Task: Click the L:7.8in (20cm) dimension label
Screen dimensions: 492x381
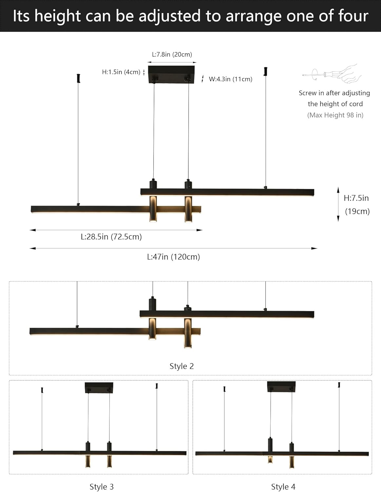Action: point(172,54)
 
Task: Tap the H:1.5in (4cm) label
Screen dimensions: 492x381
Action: point(121,72)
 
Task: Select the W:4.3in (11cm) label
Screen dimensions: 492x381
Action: point(230,79)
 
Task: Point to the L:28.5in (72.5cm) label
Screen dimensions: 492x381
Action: point(111,237)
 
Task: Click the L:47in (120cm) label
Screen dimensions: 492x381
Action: point(173,257)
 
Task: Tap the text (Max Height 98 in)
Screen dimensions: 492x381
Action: point(335,115)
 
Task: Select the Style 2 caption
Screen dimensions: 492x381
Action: point(181,366)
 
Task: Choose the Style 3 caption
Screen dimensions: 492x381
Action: point(102,487)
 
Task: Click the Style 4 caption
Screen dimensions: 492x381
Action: point(283,487)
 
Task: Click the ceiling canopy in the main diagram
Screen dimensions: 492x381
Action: point(171,74)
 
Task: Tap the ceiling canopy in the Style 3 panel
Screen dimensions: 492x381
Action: point(99,387)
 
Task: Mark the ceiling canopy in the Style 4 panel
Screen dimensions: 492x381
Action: point(281,386)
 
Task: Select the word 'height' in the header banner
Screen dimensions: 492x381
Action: point(57,16)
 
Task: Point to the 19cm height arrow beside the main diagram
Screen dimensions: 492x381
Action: point(338,204)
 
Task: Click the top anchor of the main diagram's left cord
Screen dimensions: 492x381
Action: point(78,78)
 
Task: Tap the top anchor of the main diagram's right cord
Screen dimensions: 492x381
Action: point(266,72)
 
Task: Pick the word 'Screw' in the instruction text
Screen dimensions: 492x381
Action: point(308,93)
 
